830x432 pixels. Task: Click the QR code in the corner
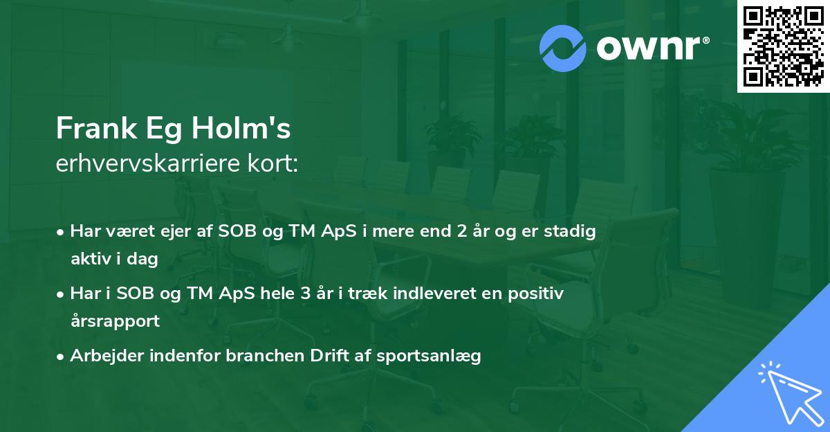783,46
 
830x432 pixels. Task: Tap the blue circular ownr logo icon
563,48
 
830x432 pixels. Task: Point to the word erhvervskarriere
142,164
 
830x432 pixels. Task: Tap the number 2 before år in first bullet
461,231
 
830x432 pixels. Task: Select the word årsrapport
115,321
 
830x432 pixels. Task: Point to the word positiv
537,294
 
